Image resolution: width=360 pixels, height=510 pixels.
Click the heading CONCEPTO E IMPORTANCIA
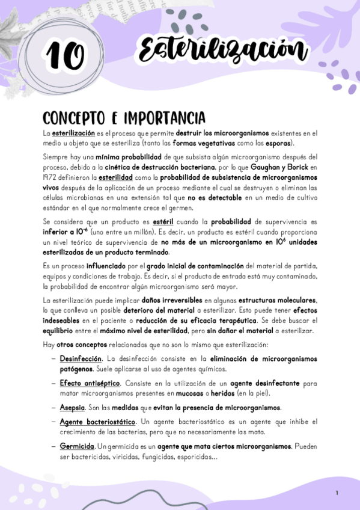124,117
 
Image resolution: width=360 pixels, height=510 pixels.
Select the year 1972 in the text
51,179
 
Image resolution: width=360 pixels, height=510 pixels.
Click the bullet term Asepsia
72,407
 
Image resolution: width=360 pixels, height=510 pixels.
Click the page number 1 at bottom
337,493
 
